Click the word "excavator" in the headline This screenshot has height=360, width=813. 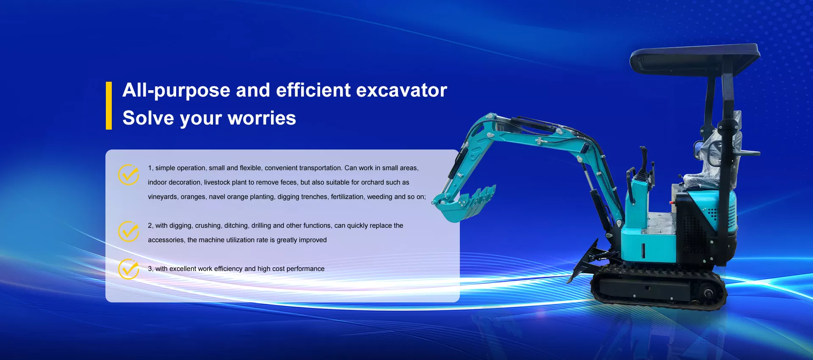tap(401, 91)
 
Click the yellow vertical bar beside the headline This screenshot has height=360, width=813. tap(109, 105)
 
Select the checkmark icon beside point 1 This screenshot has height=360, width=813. tap(129, 174)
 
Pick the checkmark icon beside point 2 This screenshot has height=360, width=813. tap(129, 231)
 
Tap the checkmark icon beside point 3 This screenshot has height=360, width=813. tap(129, 269)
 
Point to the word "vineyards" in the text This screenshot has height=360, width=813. tap(163, 197)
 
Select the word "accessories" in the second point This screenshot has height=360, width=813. tap(166, 240)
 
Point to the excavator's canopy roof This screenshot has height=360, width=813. tap(694, 59)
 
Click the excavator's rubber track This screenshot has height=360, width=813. tap(658, 287)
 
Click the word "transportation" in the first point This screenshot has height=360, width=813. tap(320, 168)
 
